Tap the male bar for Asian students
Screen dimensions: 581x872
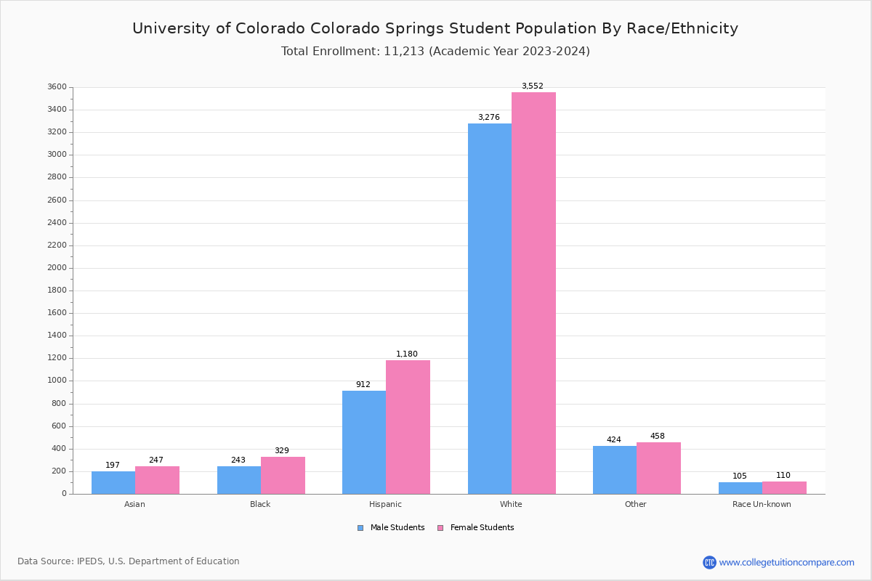click(x=113, y=483)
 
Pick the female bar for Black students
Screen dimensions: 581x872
click(x=283, y=476)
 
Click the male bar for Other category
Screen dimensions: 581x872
click(x=615, y=470)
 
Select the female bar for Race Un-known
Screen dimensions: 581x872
click(x=784, y=488)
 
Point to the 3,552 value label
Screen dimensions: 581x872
click(x=532, y=86)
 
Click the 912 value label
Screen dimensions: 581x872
click(x=363, y=385)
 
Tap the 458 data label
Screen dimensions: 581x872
click(x=658, y=436)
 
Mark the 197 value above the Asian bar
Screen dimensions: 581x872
click(x=113, y=466)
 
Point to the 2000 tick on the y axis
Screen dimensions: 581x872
click(x=57, y=268)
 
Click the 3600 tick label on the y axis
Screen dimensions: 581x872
click(x=57, y=87)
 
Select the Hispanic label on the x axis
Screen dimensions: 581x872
click(x=385, y=504)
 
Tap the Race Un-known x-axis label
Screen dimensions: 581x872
click(x=762, y=504)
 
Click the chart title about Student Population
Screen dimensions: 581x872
click(x=435, y=28)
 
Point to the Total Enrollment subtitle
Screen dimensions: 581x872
click(x=435, y=52)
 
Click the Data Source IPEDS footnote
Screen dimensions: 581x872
click(x=129, y=561)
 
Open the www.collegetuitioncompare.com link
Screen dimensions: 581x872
click(x=786, y=562)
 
